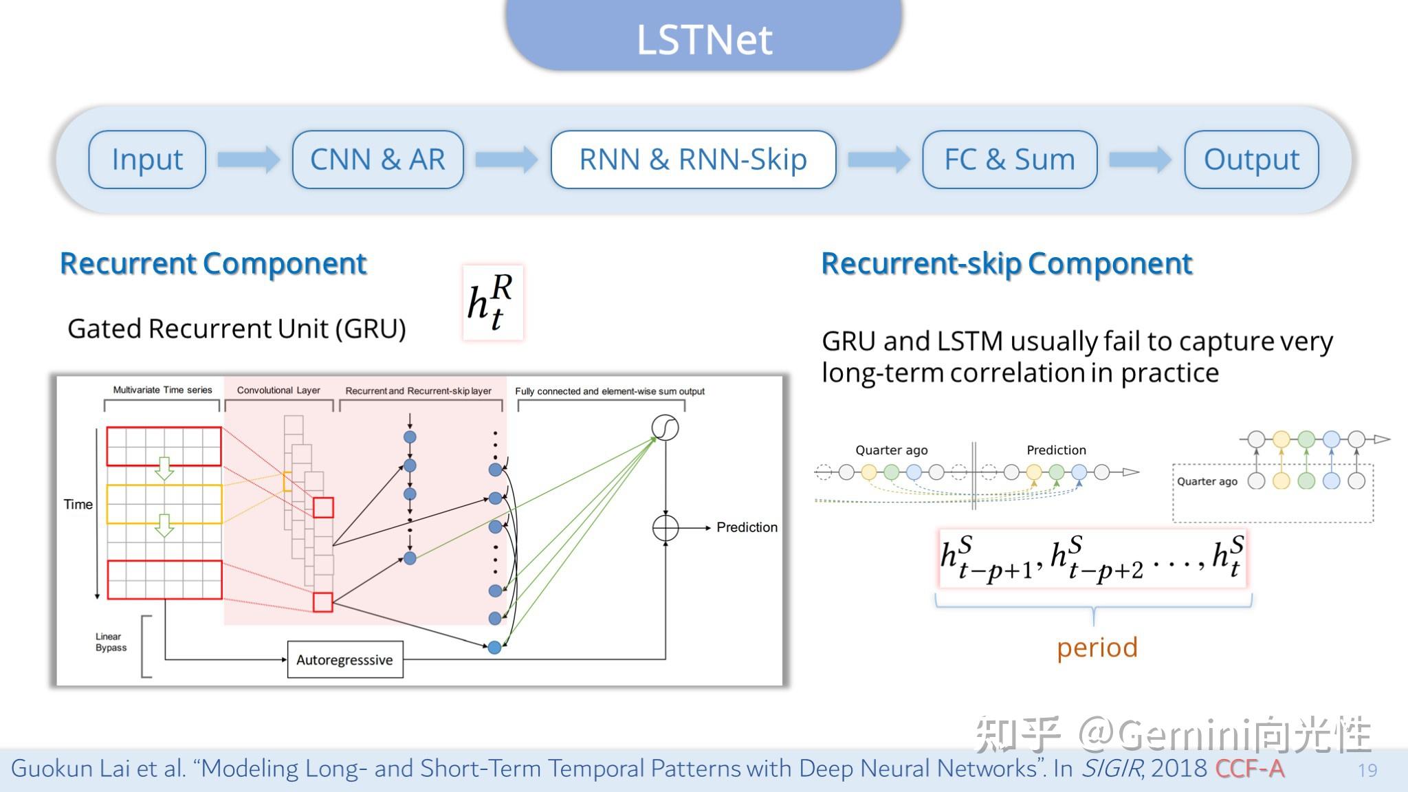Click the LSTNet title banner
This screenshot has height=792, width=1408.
pyautogui.click(x=703, y=38)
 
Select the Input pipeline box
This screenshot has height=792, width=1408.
pyautogui.click(x=147, y=159)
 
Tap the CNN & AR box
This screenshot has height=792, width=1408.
pyautogui.click(x=377, y=159)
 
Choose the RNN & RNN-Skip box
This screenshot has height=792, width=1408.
pyautogui.click(x=693, y=159)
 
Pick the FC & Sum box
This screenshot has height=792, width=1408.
pyautogui.click(x=1009, y=159)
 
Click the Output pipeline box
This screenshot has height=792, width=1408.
pyautogui.click(x=1251, y=159)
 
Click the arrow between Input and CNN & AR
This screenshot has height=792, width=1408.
pyautogui.click(x=248, y=159)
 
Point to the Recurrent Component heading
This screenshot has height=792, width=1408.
pyautogui.click(x=213, y=263)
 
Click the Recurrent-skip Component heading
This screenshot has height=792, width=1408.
pyautogui.click(x=1006, y=263)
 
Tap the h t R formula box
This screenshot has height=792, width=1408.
pyautogui.click(x=492, y=302)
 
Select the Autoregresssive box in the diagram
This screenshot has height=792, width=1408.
pyautogui.click(x=344, y=660)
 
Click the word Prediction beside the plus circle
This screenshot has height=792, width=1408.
pyautogui.click(x=747, y=527)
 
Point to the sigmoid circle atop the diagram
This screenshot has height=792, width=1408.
pyautogui.click(x=665, y=428)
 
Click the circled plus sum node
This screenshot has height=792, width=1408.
pyautogui.click(x=665, y=528)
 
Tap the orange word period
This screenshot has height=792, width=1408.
pyautogui.click(x=1097, y=648)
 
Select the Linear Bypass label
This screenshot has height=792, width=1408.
pyautogui.click(x=111, y=642)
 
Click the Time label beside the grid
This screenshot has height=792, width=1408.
pyautogui.click(x=78, y=505)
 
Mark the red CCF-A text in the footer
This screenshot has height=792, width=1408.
pyautogui.click(x=1249, y=769)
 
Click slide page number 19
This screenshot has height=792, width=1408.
pyautogui.click(x=1367, y=770)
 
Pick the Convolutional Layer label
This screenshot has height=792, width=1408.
pyautogui.click(x=278, y=390)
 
